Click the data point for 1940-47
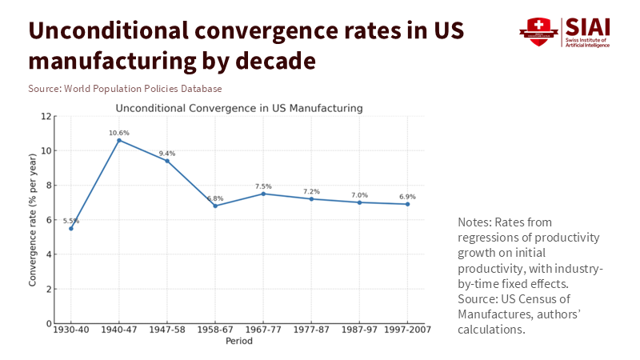[119, 140]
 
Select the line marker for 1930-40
[71, 228]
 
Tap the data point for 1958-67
[215, 206]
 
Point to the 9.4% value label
[167, 154]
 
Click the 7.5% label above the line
[263, 186]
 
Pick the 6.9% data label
[407, 197]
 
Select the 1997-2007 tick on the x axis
[407, 330]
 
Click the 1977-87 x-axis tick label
[311, 330]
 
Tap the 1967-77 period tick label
[263, 330]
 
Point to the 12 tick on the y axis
[46, 116]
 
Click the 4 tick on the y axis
[49, 254]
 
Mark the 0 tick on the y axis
[49, 324]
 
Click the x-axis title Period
[238, 341]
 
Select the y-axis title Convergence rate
[33, 220]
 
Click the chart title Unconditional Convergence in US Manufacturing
[239, 107]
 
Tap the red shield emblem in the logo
[538, 32]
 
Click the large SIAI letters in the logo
[587, 26]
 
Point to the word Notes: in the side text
[475, 221]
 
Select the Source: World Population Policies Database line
[125, 89]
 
